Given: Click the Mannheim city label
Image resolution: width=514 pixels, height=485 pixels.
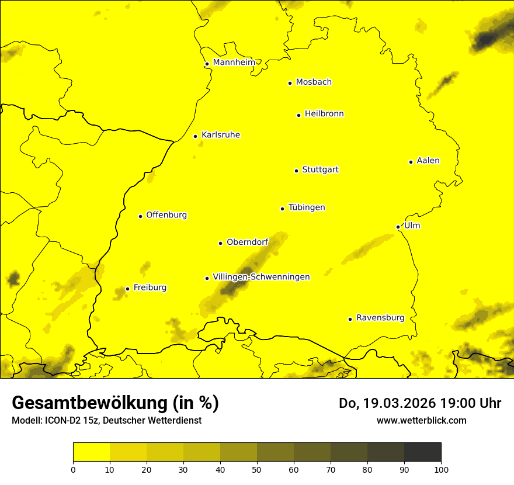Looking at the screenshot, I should tap(234, 63).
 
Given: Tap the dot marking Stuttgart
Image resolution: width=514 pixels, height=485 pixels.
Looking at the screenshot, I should tap(296, 171).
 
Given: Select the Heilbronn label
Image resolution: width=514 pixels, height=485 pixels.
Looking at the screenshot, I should tap(324, 114).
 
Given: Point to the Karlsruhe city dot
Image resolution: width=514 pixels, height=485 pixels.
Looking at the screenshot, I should tap(195, 136).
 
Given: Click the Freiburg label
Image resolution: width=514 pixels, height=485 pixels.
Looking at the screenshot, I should tap(150, 287).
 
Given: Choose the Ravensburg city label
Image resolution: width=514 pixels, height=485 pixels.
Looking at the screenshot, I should tap(380, 318).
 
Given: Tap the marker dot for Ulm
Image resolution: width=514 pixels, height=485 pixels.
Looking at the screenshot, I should tap(398, 227).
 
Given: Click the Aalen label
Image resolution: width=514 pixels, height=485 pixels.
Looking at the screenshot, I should tap(428, 161).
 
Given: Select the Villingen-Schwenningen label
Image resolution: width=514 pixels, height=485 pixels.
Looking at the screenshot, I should tap(261, 277).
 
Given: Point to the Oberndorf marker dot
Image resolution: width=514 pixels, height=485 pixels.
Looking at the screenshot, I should tap(220, 243).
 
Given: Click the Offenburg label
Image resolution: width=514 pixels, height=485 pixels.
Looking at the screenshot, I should tap(166, 215).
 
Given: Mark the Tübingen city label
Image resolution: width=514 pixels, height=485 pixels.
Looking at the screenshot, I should tap(307, 207).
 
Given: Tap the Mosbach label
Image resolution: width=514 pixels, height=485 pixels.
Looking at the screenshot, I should tap(314, 82).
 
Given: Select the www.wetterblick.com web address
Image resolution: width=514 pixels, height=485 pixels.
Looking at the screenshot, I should tap(421, 420).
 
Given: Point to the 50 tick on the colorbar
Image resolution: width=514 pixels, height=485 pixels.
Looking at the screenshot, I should tap(257, 469).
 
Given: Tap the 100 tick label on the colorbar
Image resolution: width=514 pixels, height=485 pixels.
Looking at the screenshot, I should tap(441, 469).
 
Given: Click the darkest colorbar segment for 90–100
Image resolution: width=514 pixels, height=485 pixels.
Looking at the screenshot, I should tap(422, 452).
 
